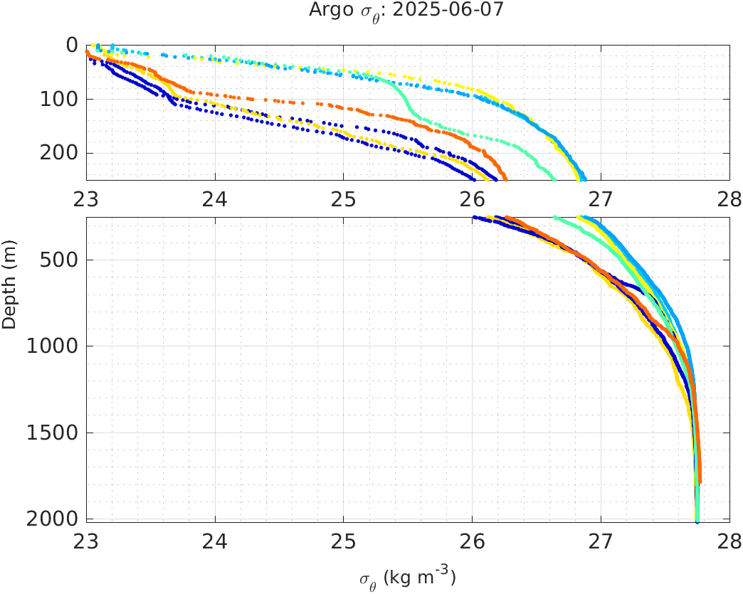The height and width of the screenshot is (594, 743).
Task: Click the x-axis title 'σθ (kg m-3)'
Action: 407,577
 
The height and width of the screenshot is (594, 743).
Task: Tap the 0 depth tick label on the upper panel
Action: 71,45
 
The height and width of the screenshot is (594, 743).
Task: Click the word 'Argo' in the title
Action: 326,11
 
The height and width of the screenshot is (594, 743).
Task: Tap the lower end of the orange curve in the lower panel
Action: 700,482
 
